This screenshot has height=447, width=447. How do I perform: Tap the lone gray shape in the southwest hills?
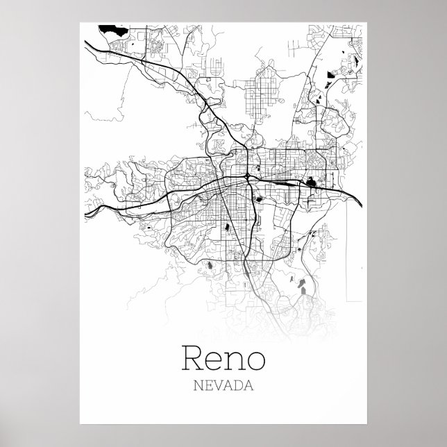[x=206, y=264]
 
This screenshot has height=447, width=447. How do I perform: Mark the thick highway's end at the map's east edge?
[x=362, y=202]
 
